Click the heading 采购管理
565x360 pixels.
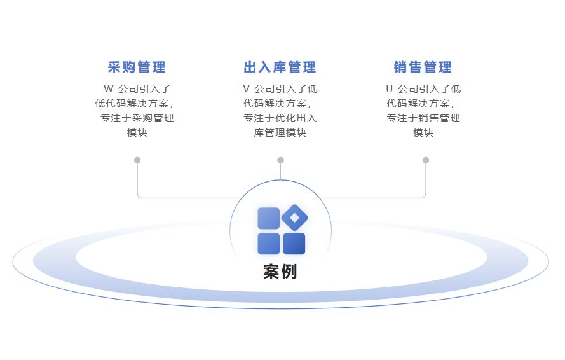pyautogui.click(x=137, y=67)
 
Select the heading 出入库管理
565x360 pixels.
pyautogui.click(x=280, y=67)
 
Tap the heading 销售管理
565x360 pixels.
pyautogui.click(x=423, y=67)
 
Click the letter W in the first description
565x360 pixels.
pyautogui.click(x=107, y=89)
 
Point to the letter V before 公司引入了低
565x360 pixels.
pyautogui.click(x=246, y=89)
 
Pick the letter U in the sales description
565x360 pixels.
pyautogui.click(x=389, y=89)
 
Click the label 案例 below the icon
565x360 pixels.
pyautogui.click(x=280, y=272)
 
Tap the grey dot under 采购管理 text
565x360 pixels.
pyautogui.click(x=137, y=160)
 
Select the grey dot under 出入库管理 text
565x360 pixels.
pyautogui.click(x=280, y=160)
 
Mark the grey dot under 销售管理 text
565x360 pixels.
pyautogui.click(x=426, y=160)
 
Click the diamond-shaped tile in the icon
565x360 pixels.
pyautogui.click(x=294, y=218)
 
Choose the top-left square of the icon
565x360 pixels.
pyautogui.click(x=268, y=218)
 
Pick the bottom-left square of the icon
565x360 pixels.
pyautogui.click(x=268, y=244)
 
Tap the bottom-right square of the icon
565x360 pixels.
pyautogui.click(x=294, y=244)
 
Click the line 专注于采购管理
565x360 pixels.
pyautogui.click(x=137, y=118)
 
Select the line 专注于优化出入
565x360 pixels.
pyautogui.click(x=280, y=118)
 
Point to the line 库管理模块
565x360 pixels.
pyautogui.click(x=280, y=133)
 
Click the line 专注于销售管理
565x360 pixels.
pyautogui.click(x=423, y=118)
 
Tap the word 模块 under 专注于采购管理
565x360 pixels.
pyautogui.click(x=137, y=133)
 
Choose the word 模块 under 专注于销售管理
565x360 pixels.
pyautogui.click(x=423, y=133)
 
